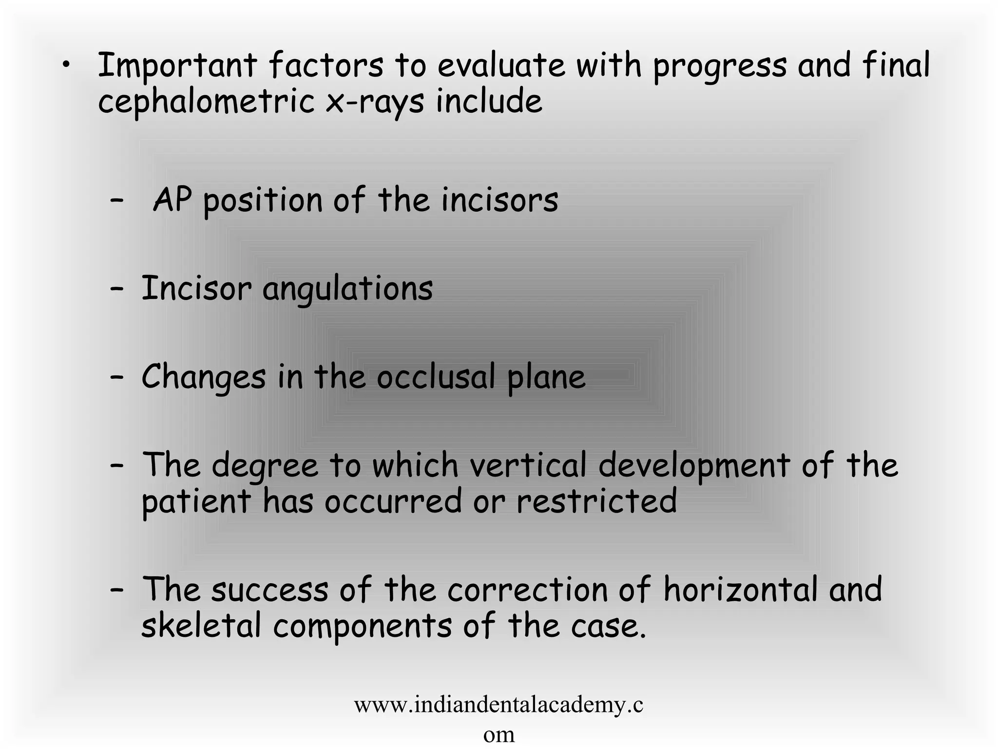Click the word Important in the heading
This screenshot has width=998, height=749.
177,66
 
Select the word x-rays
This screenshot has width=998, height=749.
375,103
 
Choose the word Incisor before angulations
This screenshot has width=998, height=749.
196,288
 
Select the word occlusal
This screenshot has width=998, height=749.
436,376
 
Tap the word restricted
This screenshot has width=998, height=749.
596,501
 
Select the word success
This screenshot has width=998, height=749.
270,589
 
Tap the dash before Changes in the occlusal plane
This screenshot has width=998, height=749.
116,377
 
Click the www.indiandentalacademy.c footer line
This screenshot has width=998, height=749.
499,705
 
